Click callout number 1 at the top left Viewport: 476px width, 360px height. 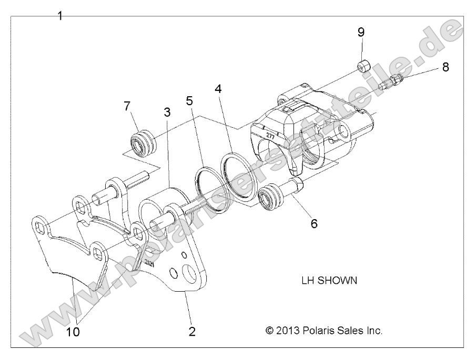60,16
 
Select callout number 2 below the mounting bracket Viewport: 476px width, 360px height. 192,331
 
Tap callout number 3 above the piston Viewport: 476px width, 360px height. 167,112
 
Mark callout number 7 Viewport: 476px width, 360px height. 127,106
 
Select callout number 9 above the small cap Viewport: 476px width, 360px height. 361,32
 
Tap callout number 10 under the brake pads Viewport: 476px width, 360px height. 73,332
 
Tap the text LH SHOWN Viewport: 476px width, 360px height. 327,280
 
